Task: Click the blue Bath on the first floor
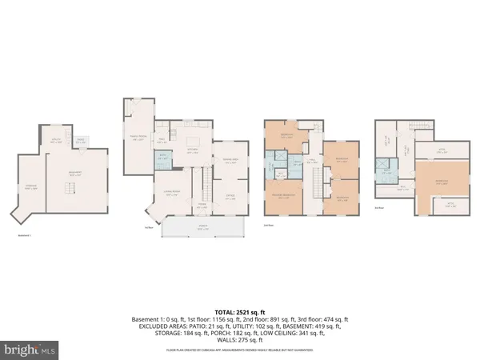(162, 158)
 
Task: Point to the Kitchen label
(193, 149)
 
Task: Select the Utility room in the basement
(57, 141)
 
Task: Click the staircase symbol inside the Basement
(69, 188)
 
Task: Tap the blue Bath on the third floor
(386, 171)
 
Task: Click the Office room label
(230, 196)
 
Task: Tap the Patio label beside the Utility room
(80, 142)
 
